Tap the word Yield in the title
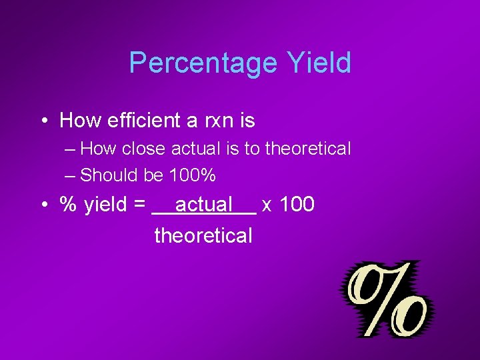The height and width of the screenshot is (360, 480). click(319, 63)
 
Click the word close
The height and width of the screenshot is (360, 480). click(141, 149)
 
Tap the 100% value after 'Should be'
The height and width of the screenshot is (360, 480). click(193, 175)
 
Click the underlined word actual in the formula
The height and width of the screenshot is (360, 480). click(203, 205)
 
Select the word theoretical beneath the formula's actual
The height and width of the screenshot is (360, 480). click(203, 235)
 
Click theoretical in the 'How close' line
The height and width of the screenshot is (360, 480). click(307, 149)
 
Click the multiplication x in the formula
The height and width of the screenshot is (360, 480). click(267, 205)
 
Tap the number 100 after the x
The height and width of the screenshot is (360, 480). click(297, 205)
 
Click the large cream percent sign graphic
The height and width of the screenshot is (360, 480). click(385, 299)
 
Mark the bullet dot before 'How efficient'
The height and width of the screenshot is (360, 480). click(43, 121)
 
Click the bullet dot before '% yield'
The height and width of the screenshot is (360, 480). click(43, 205)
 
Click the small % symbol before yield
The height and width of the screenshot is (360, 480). click(68, 205)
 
